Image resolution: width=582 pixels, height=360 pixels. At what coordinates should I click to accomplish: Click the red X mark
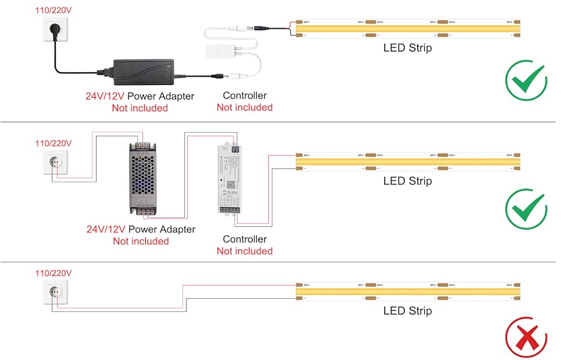coord(526,340)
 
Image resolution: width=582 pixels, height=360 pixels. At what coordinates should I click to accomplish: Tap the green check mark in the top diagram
coord(526,80)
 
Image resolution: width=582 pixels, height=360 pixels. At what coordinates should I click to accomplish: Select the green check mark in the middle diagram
coord(526,210)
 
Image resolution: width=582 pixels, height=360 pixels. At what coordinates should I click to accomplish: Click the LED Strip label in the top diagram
coord(407,48)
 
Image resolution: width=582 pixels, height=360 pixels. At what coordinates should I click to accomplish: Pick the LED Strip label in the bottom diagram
coord(407,311)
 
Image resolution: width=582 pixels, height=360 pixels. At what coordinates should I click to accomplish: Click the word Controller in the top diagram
coord(244,95)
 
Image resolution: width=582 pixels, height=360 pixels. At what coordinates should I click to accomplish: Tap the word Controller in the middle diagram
coord(244,239)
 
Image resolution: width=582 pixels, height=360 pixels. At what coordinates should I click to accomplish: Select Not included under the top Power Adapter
coord(140,108)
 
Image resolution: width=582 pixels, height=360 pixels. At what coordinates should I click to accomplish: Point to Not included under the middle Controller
coord(244,251)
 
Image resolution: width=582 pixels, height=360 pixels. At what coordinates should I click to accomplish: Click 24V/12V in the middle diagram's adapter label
coord(106,229)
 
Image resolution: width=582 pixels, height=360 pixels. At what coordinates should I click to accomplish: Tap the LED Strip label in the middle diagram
coord(407,181)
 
